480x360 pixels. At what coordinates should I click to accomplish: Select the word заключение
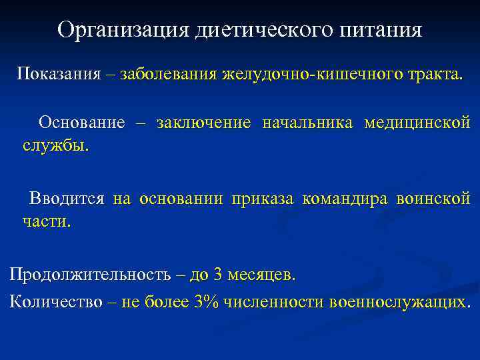tap(204, 123)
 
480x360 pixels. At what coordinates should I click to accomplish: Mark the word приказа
tap(263, 199)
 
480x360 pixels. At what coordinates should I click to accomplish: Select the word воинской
tap(433, 199)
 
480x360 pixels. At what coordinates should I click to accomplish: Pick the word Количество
tap(56, 301)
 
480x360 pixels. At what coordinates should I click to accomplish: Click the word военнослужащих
tap(398, 301)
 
